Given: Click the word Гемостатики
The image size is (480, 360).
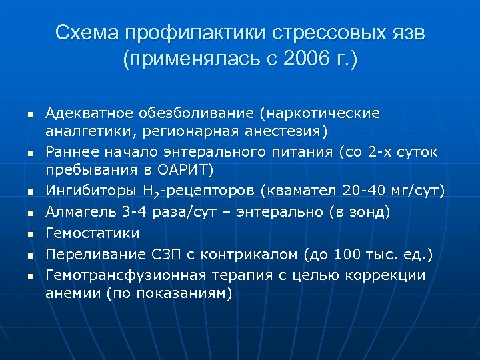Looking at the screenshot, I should pos(93,233).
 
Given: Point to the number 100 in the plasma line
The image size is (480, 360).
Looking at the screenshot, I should pos(347,254).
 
